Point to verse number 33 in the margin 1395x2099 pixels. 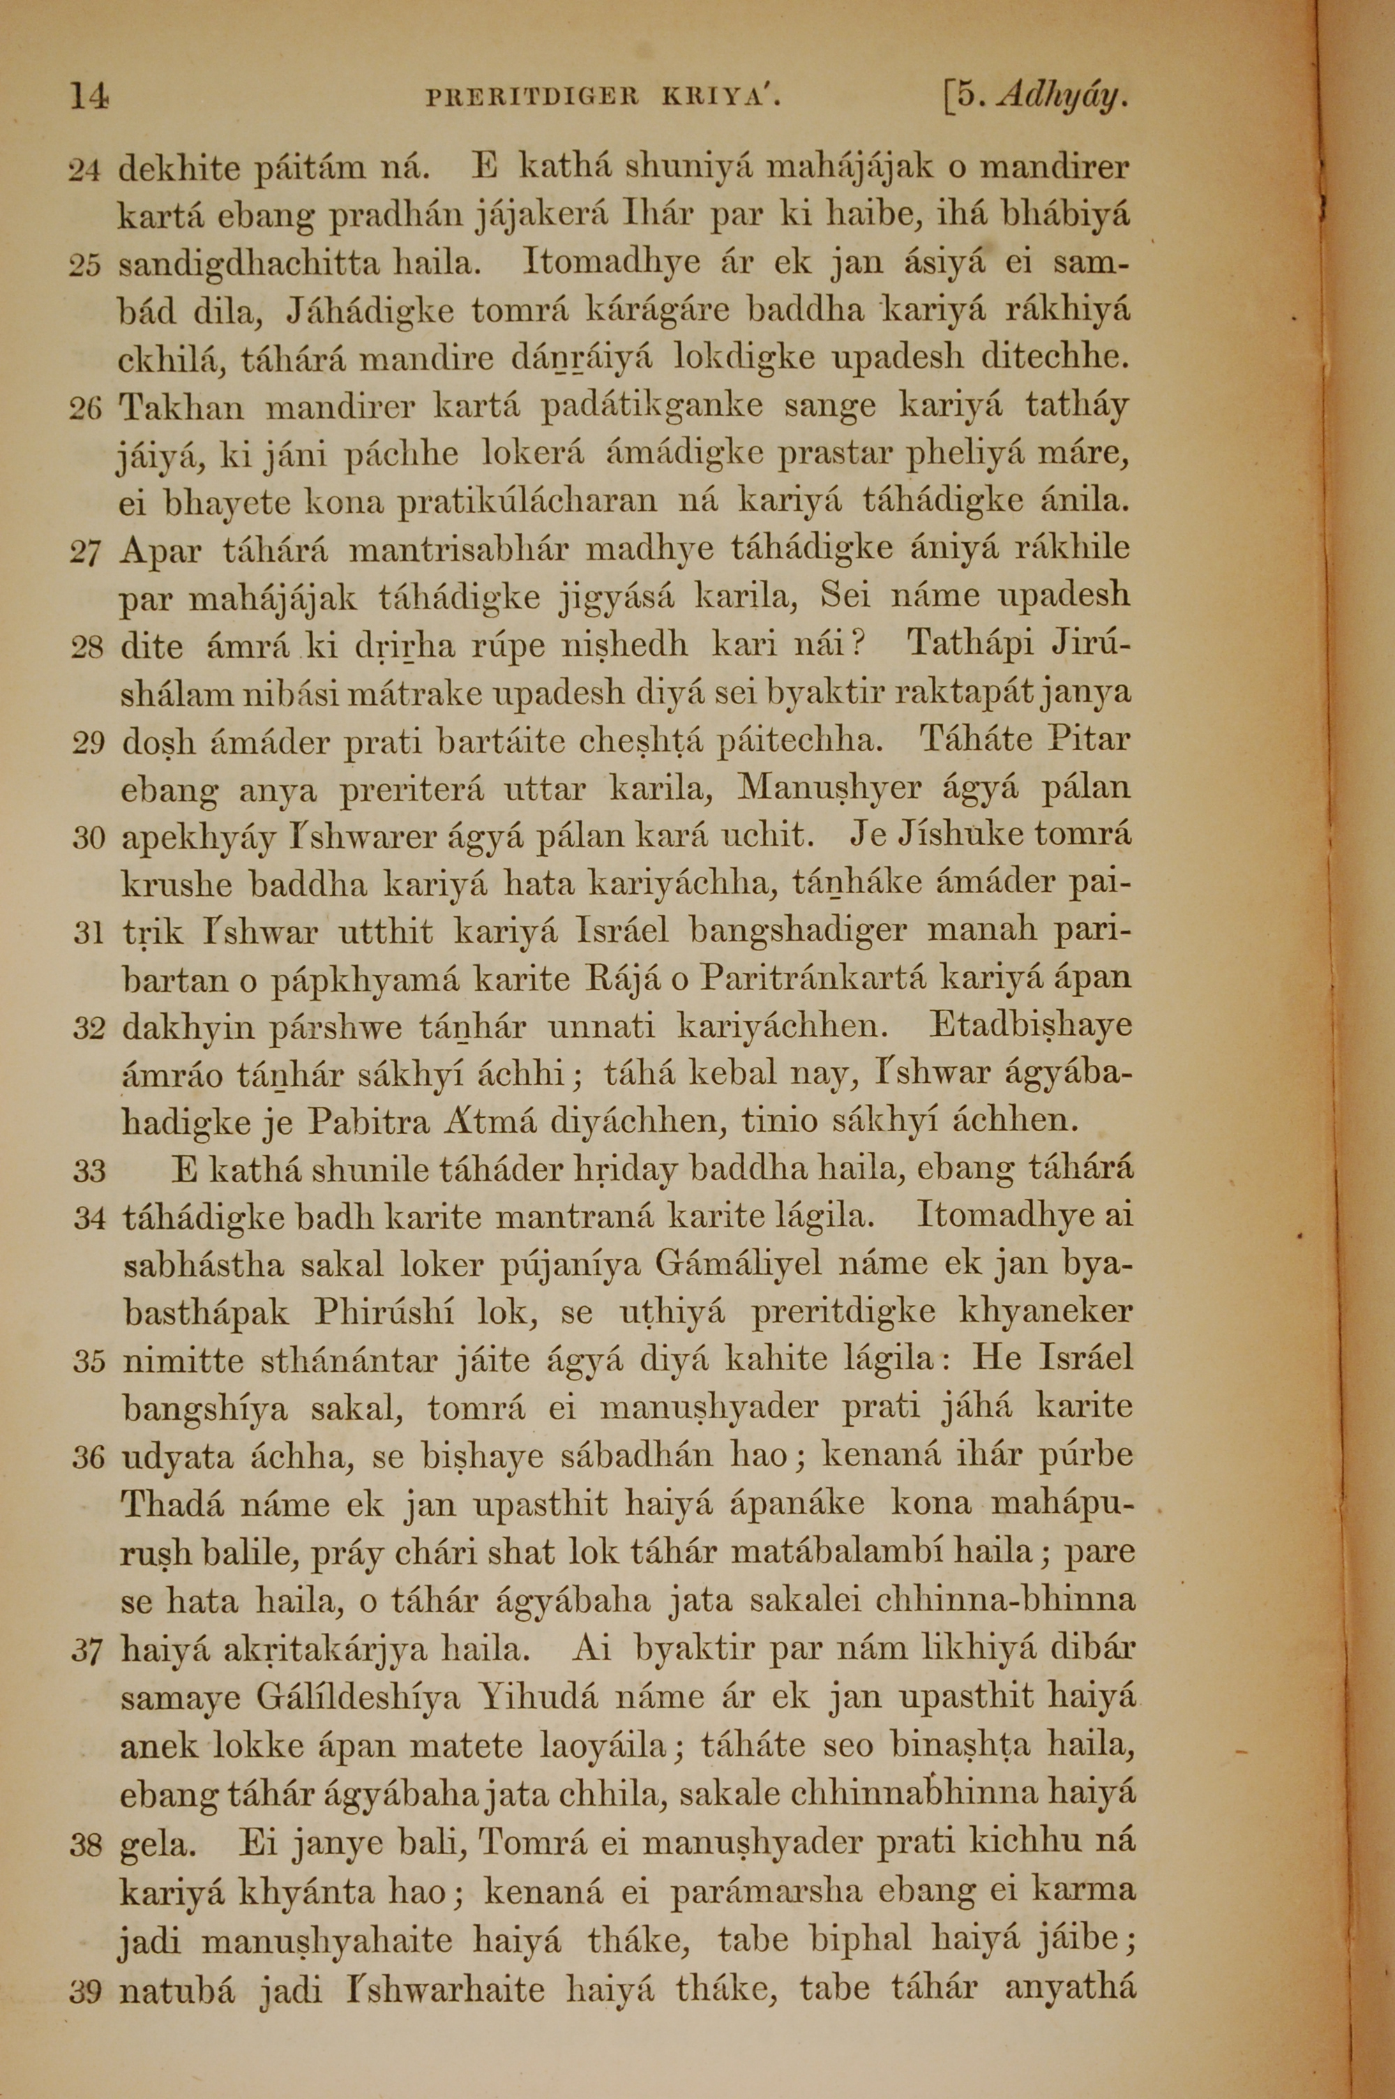click(x=88, y=1171)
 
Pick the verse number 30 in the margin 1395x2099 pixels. click(x=88, y=837)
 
